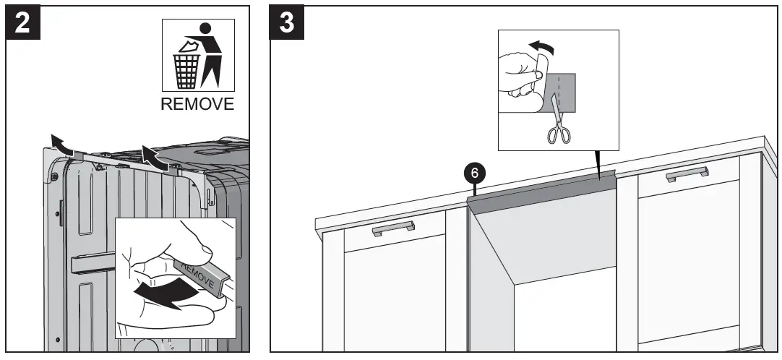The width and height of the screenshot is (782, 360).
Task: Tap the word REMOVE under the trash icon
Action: point(197,103)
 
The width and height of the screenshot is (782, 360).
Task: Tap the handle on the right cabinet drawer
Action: point(687,173)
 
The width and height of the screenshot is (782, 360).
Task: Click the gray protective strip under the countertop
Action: point(542,189)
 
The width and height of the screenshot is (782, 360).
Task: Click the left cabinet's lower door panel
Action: point(394,304)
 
